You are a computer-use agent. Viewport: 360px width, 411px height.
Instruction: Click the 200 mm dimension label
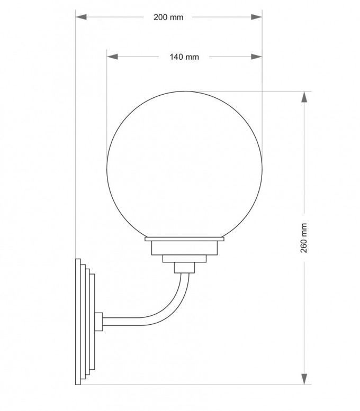168,17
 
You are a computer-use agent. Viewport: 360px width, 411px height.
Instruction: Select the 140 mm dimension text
184,57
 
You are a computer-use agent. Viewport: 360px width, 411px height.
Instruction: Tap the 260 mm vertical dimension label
303,238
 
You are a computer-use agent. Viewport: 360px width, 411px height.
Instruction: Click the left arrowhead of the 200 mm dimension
81,17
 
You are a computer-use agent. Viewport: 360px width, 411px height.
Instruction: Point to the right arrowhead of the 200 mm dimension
256,17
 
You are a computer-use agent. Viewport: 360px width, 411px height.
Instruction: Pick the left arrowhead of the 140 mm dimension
113,57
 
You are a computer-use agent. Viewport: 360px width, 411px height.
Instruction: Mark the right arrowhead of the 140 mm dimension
256,57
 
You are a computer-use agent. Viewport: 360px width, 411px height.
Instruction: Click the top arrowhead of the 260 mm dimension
304,97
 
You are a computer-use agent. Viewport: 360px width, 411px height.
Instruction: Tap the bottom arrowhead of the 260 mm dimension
304,379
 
